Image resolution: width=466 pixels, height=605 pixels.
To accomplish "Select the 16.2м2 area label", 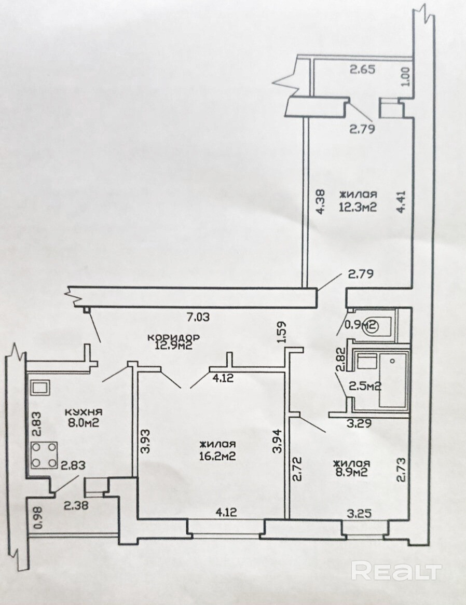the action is pyautogui.click(x=218, y=456).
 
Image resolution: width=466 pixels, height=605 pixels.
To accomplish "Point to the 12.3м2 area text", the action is pyautogui.click(x=358, y=207).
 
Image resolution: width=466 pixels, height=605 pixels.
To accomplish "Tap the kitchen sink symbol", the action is pyautogui.click(x=40, y=387).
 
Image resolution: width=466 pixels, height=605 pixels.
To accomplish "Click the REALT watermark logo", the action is pyautogui.click(x=396, y=571).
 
